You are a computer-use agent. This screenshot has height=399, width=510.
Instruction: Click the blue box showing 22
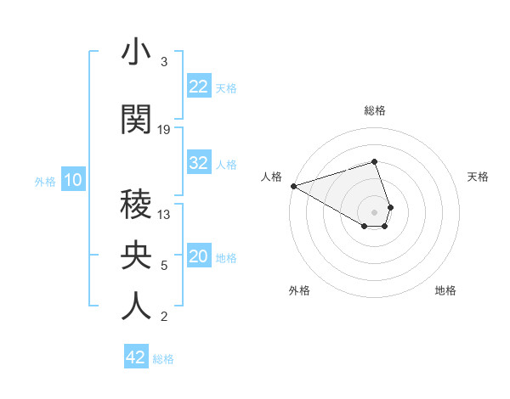coord(199,87)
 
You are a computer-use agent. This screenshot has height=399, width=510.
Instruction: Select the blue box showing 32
coord(199,163)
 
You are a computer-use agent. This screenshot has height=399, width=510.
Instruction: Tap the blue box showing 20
coord(199,257)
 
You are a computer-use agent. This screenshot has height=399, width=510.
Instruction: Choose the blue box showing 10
coord(72,180)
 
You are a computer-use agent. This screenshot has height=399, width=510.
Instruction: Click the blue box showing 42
coord(136,357)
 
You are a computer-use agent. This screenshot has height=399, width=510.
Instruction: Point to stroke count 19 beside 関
coord(164,130)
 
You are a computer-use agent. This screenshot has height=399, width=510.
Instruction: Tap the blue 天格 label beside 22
coord(226,87)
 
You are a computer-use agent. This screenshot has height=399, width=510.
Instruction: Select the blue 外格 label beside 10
coord(45,181)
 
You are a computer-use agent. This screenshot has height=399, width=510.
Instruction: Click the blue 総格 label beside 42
coord(163,358)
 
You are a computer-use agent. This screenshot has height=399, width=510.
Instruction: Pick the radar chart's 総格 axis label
coord(375,110)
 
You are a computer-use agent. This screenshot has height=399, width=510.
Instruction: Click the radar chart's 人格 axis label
coord(271,177)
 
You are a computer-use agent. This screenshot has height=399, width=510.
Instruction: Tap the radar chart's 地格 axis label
coord(445,290)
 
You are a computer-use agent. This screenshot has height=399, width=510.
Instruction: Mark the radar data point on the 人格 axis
coord(293,185)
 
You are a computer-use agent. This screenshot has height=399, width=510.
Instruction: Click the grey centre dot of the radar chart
coord(374,211)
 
